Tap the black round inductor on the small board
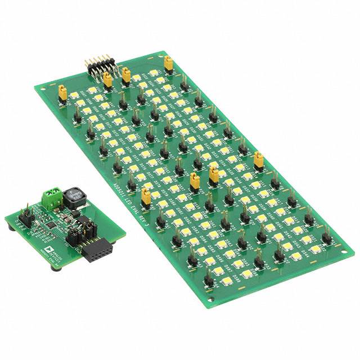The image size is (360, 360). [x=73, y=196]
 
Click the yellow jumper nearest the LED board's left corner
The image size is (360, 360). [x=63, y=93]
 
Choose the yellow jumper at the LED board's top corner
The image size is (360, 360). [x=168, y=62]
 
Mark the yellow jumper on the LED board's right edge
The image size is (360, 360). [x=259, y=161]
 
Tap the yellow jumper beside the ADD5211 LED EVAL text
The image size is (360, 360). [x=146, y=196]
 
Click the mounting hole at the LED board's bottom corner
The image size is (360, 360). [x=210, y=298]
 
